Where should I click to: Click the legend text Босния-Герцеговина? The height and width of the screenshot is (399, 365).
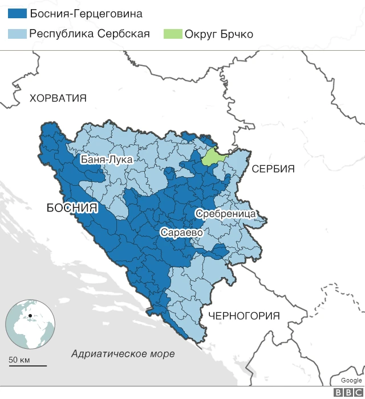[x=86, y=14]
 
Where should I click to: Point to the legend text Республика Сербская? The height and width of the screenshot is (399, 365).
[x=90, y=34]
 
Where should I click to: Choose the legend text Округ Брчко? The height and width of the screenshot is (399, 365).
[x=218, y=34]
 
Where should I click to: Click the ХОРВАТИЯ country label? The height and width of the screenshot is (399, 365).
[x=58, y=98]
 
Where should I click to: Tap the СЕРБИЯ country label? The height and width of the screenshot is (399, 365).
[x=273, y=169]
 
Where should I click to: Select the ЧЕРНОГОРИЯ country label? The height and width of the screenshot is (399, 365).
[x=244, y=316]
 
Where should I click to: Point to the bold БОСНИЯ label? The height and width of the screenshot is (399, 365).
[x=72, y=208]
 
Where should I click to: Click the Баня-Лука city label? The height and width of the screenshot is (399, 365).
[x=107, y=160]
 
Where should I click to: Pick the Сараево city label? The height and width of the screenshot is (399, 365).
[x=182, y=233]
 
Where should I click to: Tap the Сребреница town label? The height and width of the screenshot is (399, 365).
[x=225, y=214]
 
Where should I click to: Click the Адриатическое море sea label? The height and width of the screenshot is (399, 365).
[x=123, y=354]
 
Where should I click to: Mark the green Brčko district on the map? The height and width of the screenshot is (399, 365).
[x=214, y=156]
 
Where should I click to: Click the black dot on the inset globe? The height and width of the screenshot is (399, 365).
[x=30, y=315]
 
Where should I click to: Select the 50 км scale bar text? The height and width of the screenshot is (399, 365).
[x=19, y=359]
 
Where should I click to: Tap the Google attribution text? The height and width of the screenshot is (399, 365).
[x=351, y=380]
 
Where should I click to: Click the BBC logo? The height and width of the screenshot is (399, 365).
[x=347, y=392]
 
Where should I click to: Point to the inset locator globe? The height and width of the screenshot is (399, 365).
[x=30, y=324]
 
